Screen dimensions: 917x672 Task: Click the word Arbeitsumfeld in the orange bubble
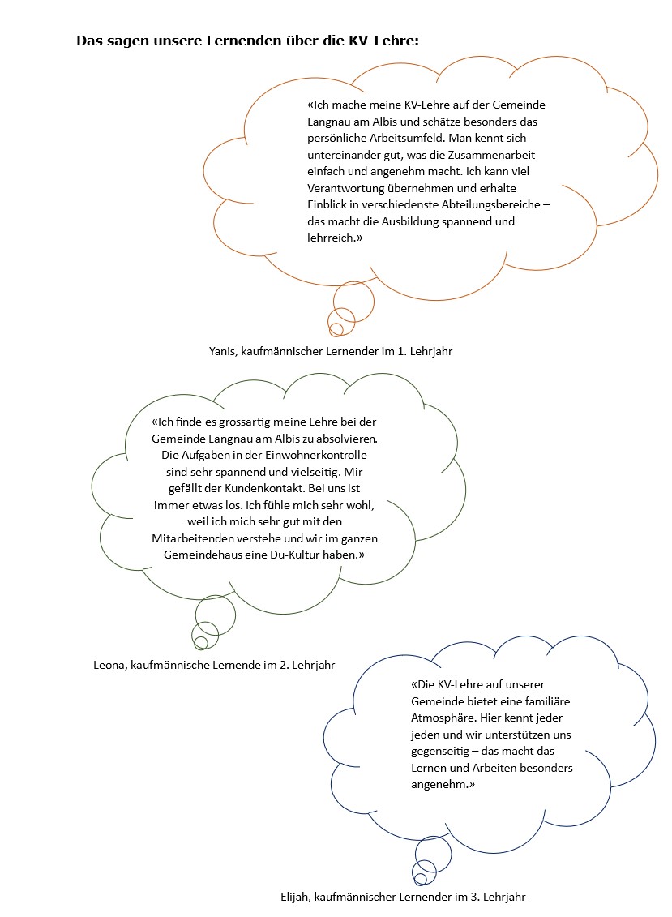[x=404, y=138]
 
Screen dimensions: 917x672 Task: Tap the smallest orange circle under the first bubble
[x=336, y=328]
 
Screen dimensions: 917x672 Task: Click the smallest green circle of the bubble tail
[x=200, y=642]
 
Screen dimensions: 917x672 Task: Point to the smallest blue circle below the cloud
[x=419, y=880]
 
